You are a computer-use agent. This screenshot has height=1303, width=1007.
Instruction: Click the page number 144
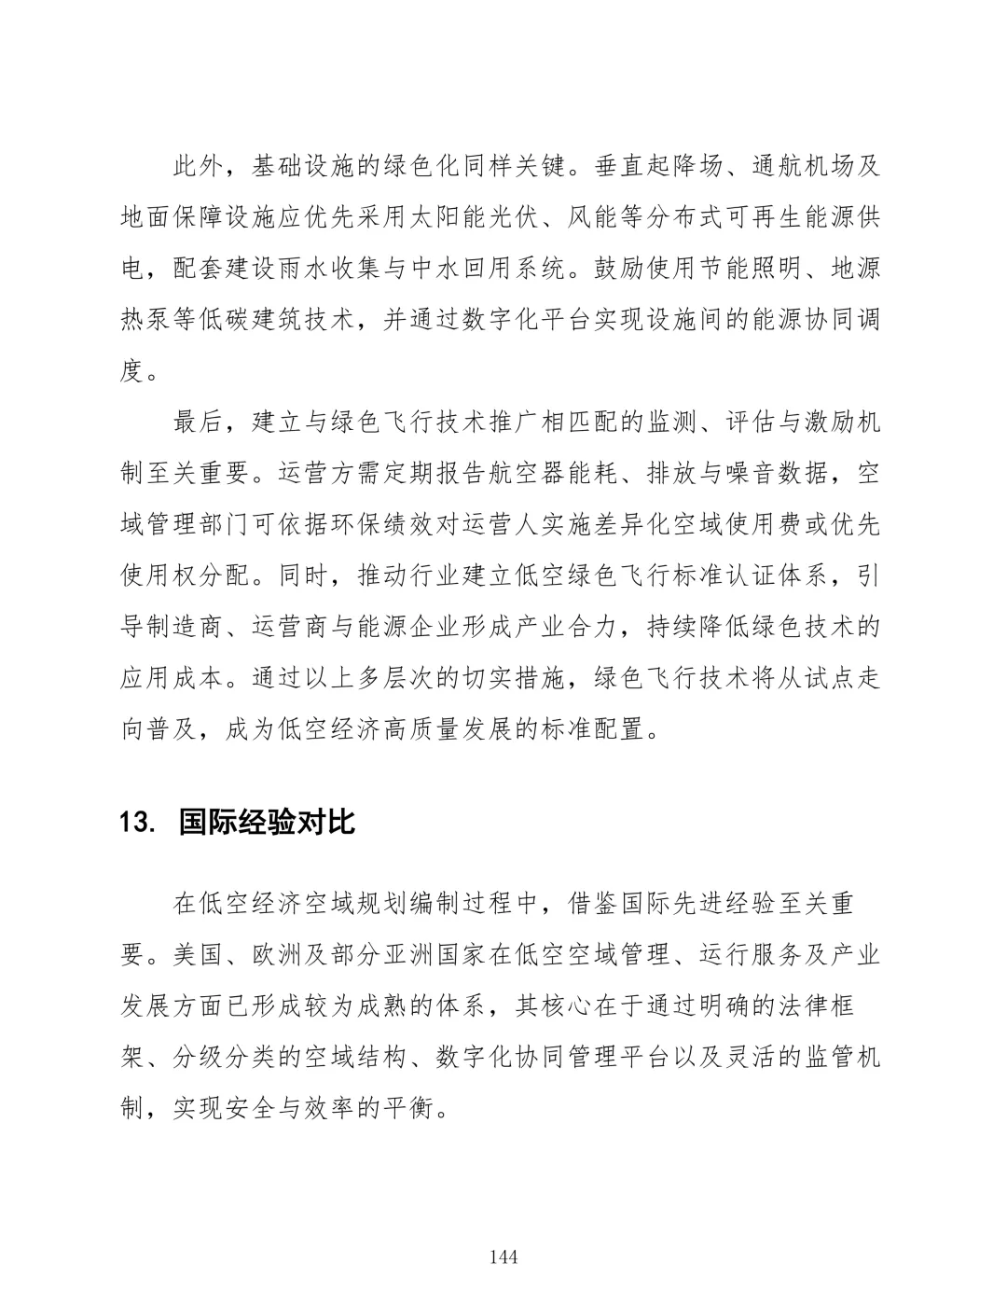[x=503, y=1256]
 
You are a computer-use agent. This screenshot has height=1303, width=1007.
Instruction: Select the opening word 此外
[x=200, y=168]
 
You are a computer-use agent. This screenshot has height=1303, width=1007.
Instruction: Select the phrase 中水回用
[x=526, y=270]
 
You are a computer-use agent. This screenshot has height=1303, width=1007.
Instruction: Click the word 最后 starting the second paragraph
[x=200, y=423]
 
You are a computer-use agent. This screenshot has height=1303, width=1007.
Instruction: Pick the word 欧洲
[x=278, y=955]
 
